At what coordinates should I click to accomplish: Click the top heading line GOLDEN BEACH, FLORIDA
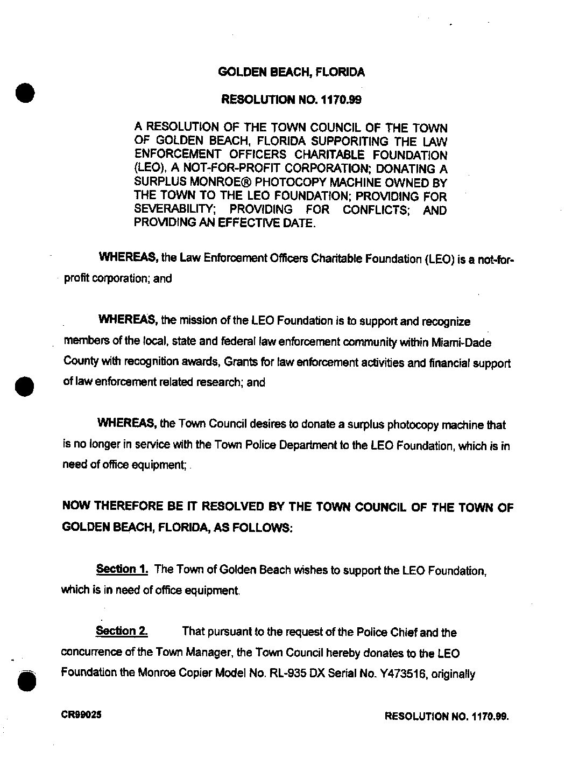coord(291,72)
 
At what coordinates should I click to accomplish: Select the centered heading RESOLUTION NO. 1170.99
coord(291,100)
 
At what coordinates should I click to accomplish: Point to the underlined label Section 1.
coord(122,569)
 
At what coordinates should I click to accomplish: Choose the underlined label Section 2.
coord(122,631)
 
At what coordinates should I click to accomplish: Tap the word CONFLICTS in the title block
coord(377,210)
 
